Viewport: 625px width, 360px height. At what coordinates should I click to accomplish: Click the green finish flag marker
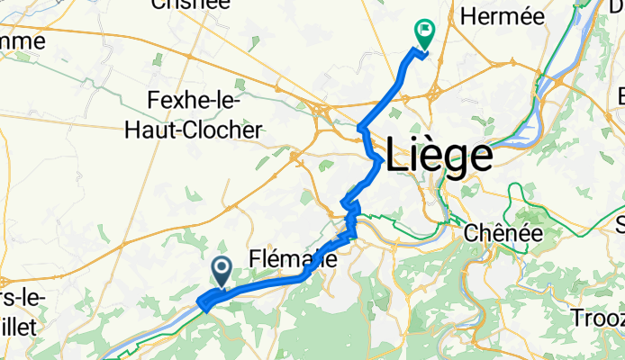point(423,32)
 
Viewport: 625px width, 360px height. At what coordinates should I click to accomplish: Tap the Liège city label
point(439,157)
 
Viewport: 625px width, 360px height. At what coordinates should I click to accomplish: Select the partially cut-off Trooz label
point(597,318)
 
